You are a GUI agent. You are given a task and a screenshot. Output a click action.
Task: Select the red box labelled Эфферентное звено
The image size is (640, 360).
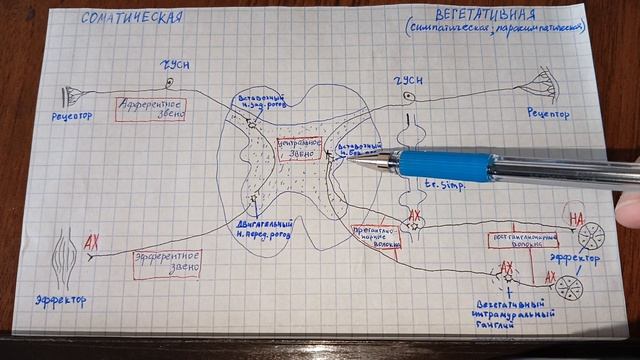click(x=165, y=263)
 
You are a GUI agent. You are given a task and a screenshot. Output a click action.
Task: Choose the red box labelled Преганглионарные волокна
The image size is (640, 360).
click(x=377, y=232)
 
